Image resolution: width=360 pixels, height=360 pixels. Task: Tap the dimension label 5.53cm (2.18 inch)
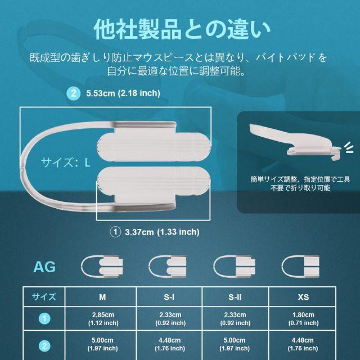123,93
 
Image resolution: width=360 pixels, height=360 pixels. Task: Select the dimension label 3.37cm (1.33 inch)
162,232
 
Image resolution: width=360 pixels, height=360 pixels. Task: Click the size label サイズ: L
65,163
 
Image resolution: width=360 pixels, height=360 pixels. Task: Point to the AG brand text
44,267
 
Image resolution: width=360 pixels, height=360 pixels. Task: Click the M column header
102,297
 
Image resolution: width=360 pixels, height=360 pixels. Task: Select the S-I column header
169,297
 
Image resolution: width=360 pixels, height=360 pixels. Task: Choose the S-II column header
235,297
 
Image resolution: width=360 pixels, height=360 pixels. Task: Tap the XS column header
303,297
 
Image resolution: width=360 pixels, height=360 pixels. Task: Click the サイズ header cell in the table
44,297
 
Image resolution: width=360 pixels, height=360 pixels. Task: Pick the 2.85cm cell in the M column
103,319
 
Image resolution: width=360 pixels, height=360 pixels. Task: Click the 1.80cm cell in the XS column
304,319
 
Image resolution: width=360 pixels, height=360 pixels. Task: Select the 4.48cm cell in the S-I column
170,344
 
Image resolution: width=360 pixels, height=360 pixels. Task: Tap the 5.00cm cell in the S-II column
235,344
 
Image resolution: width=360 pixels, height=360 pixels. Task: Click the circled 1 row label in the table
44,319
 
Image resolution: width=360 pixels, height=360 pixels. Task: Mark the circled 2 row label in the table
44,346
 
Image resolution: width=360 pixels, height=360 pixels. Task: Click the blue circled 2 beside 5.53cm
73,93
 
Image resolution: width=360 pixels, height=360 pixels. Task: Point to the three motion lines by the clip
349,147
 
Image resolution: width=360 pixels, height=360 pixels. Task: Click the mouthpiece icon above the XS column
300,267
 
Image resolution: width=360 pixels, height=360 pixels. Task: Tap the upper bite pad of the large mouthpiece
154,147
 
